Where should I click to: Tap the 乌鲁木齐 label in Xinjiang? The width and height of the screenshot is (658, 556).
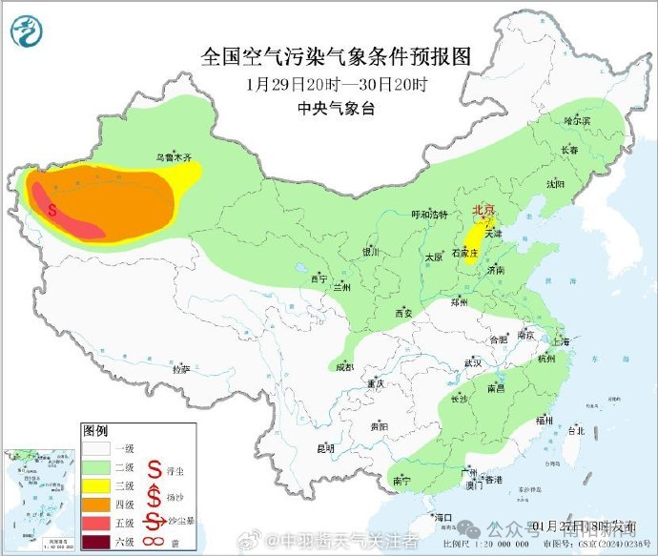click(x=174, y=156)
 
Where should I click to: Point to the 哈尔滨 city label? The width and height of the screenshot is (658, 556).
click(x=577, y=121)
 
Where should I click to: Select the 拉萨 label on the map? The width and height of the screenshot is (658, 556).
click(x=181, y=367)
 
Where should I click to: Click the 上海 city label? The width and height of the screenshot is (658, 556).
click(x=560, y=340)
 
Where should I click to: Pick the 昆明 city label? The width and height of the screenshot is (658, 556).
click(x=326, y=447)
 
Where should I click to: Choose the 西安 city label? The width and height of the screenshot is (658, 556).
click(x=402, y=313)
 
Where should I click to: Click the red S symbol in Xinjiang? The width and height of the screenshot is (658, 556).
click(x=53, y=208)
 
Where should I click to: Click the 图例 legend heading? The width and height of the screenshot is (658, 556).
click(x=95, y=430)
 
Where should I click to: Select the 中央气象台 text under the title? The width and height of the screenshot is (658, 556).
click(x=336, y=109)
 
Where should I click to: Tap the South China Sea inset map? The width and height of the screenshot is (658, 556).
click(x=38, y=500)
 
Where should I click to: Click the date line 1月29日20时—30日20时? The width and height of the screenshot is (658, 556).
click(x=336, y=84)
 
